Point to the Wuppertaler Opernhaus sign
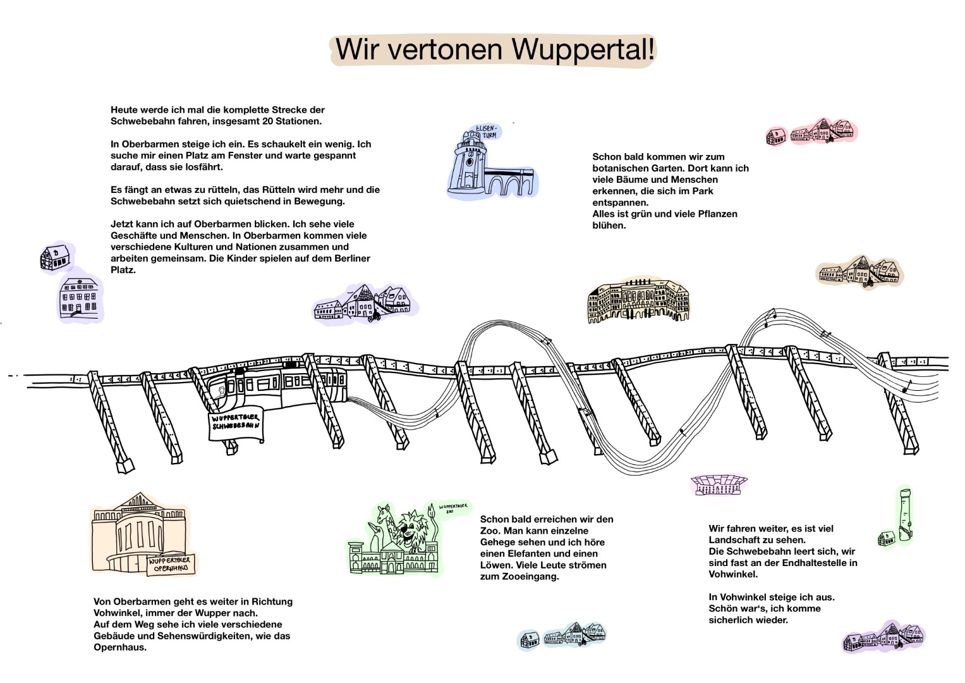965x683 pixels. [x=171, y=565]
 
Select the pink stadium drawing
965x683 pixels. [x=719, y=485]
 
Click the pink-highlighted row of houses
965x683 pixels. [x=813, y=132]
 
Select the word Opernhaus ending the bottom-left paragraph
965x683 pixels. [x=120, y=648]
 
